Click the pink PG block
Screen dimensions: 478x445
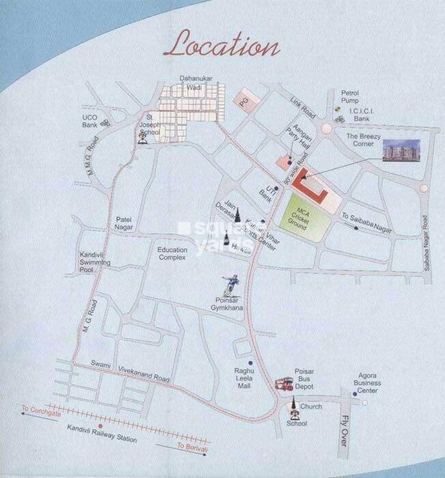coord(244,100)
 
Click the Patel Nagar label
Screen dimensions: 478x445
coord(127,223)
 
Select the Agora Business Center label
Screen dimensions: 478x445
coord(369,382)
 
